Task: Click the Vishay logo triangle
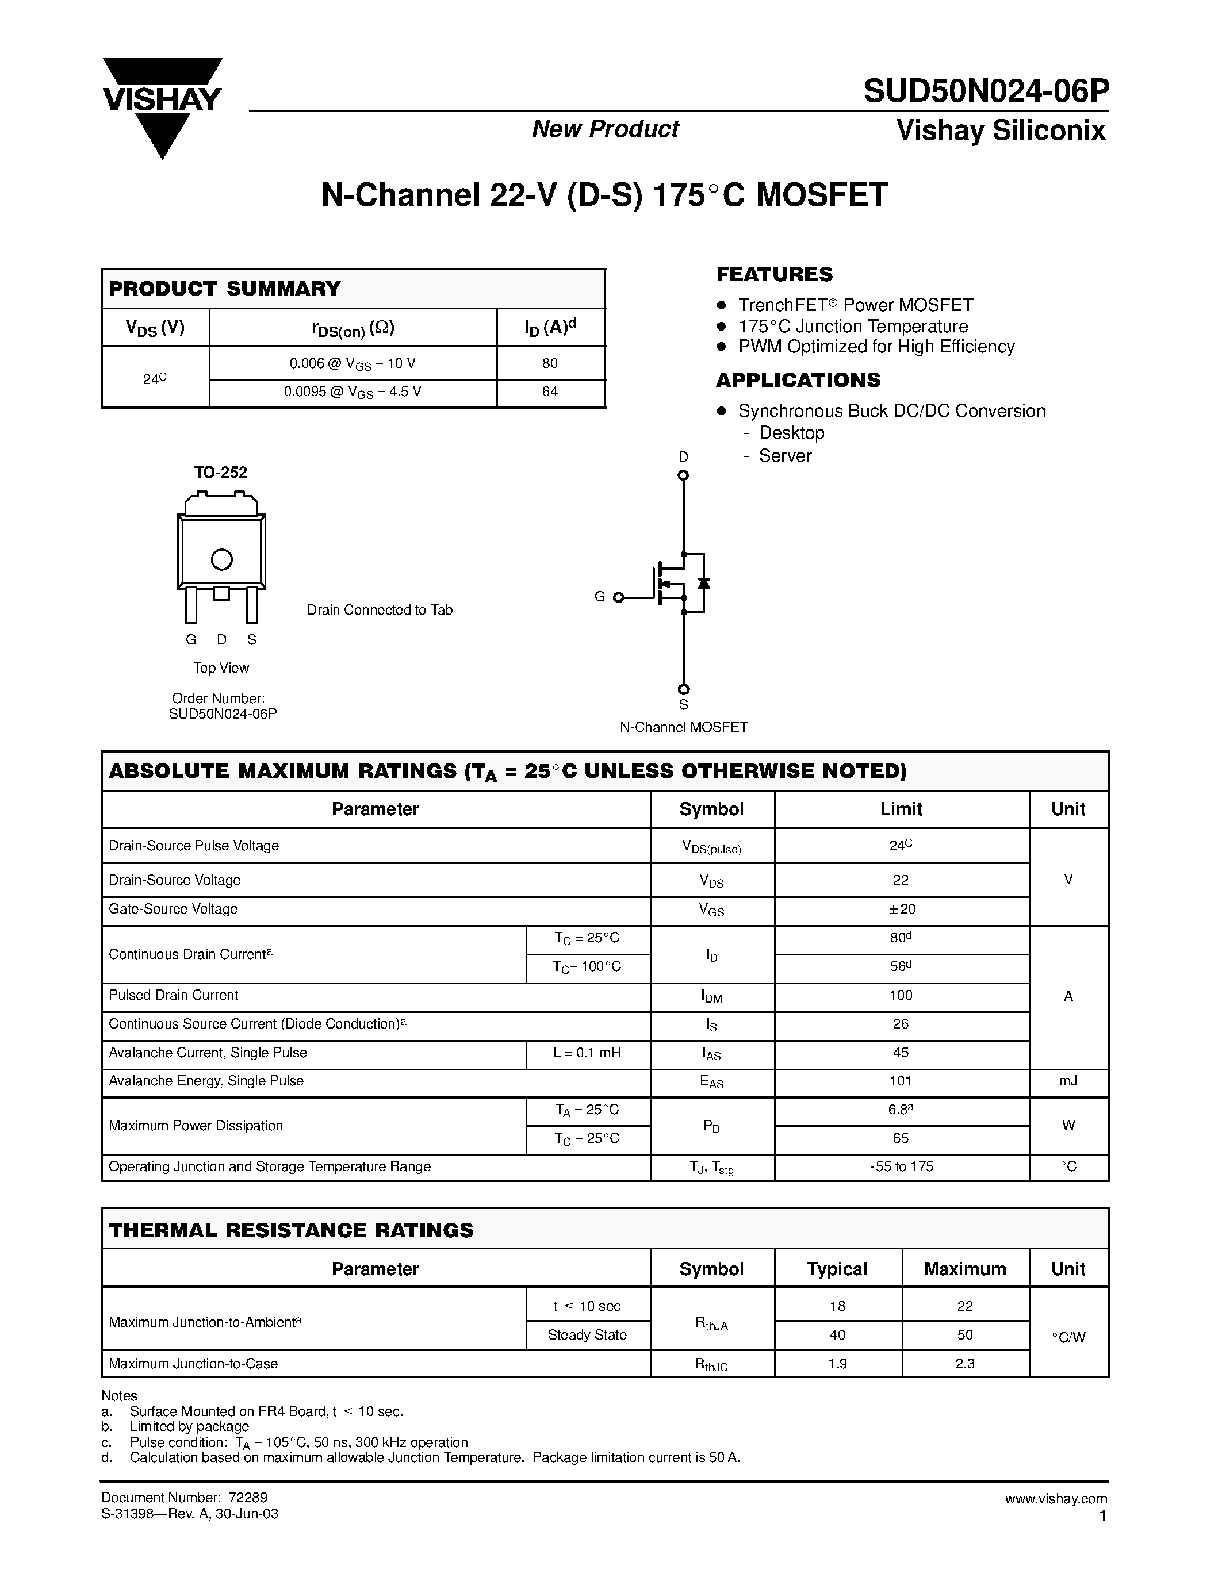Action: tap(162, 109)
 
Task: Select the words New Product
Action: tap(605, 129)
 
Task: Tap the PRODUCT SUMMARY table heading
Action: tap(224, 288)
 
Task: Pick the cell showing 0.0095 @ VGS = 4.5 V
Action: tap(353, 392)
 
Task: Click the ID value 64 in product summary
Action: tap(550, 392)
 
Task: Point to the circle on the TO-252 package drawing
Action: tap(221, 559)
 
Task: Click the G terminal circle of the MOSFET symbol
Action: tap(618, 597)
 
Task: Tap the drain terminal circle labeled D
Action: tap(683, 475)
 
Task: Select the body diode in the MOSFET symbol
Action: tap(703, 584)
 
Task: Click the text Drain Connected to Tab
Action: tap(380, 610)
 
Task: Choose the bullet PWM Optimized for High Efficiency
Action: tap(876, 347)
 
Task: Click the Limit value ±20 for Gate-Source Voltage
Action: tap(901, 910)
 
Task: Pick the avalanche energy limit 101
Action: tap(901, 1081)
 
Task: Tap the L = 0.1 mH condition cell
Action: tap(587, 1053)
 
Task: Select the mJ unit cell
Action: tap(1068, 1081)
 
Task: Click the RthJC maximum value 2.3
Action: tap(964, 1364)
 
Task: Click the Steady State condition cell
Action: tap(587, 1335)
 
